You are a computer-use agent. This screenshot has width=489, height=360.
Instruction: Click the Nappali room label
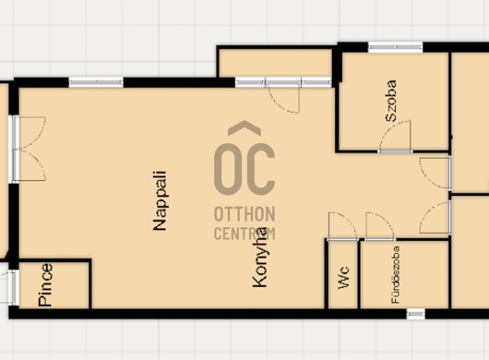160,201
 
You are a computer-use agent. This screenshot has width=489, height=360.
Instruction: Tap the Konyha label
260,258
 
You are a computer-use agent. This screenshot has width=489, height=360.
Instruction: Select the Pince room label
45,285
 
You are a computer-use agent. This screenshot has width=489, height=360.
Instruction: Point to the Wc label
343,278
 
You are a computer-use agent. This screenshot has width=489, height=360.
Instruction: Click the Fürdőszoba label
396,275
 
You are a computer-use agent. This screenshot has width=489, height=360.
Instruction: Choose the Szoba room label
391,101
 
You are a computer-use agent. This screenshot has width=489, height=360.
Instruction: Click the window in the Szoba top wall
395,47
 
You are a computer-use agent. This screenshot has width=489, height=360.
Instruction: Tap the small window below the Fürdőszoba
416,314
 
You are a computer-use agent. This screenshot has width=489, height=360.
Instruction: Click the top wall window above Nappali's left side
96,82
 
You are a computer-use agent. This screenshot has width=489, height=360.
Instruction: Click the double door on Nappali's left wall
29,149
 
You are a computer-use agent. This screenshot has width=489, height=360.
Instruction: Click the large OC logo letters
244,169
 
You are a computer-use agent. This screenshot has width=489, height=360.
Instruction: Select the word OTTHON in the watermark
244,214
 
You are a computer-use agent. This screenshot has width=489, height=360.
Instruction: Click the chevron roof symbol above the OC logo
244,128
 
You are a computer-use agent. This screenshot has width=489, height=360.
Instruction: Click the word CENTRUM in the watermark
244,234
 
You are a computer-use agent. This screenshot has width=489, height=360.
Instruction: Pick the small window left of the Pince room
13,287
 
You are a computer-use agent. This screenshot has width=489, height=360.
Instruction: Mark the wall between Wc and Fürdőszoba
359,274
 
